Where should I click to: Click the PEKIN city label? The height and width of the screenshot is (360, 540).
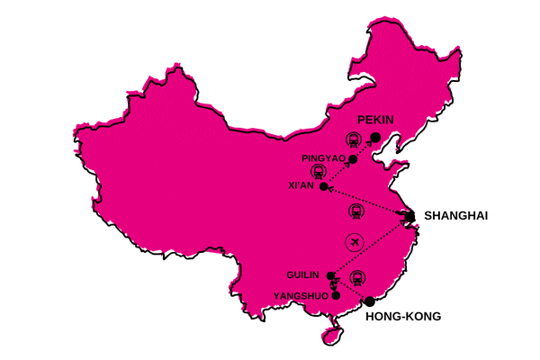point(376,120)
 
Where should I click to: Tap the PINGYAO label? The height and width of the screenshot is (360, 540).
point(325,157)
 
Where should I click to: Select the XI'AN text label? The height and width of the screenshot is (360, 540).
point(300,185)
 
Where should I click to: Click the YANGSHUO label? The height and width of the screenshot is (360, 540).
point(301,295)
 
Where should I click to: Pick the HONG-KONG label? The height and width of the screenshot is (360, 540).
point(403,317)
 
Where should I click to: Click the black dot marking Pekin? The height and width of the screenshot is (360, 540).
point(375,137)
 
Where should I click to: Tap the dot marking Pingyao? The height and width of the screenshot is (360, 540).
point(353,159)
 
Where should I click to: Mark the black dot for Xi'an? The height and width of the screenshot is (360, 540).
point(324,186)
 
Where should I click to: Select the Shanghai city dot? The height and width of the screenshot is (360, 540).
point(409,216)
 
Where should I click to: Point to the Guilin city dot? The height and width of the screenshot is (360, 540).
point(331,274)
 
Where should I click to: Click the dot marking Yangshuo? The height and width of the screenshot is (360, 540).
point(336,294)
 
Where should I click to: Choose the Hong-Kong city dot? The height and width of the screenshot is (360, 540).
point(369,301)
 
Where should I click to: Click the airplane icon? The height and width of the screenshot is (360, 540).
point(355,242)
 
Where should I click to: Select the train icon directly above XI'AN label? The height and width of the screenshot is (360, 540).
point(317,169)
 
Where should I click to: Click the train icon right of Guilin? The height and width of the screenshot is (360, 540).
point(358,276)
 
